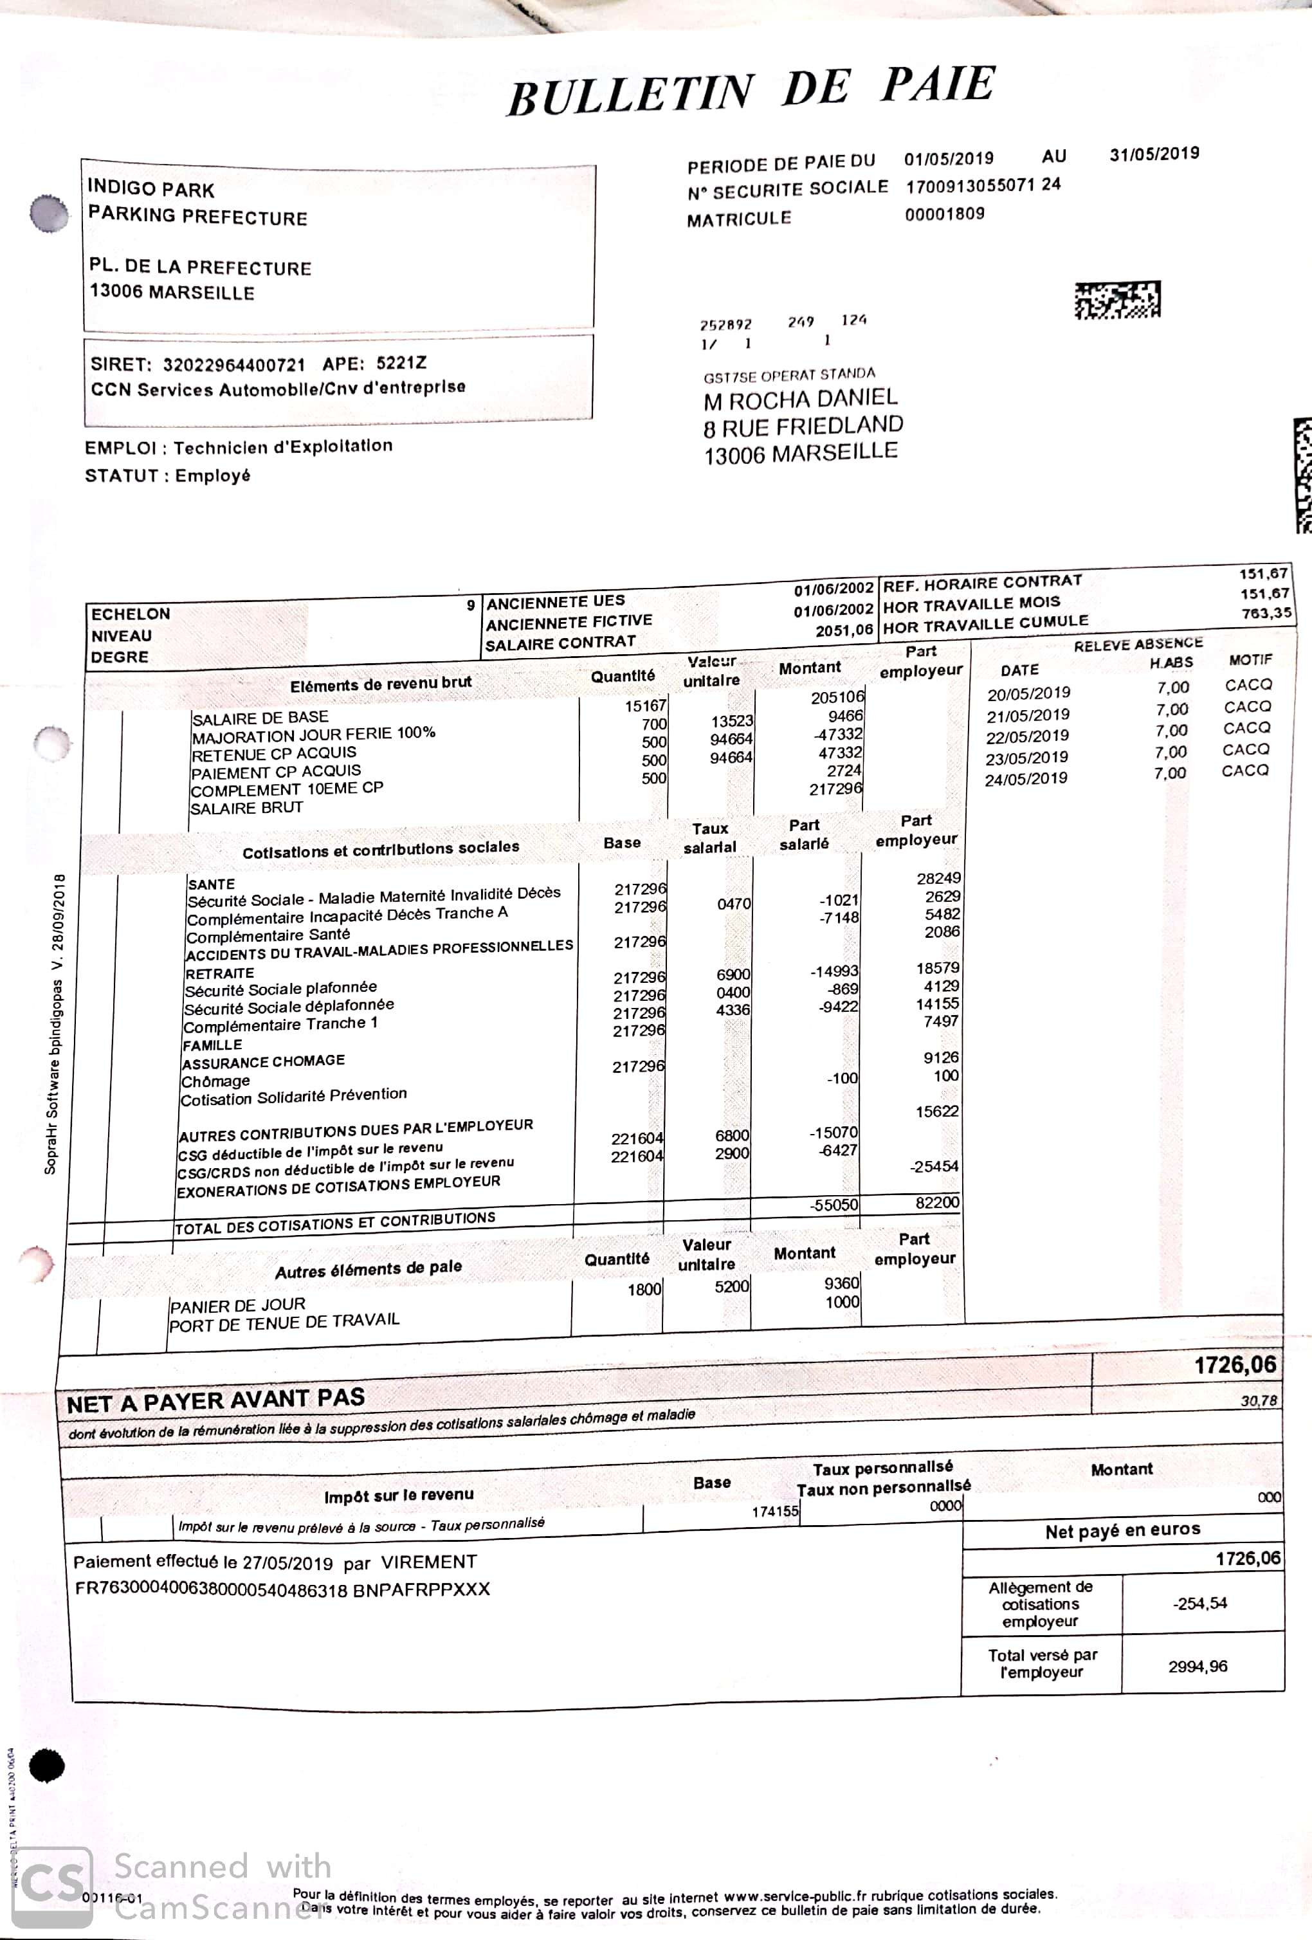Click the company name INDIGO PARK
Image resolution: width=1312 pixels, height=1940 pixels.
coord(151,188)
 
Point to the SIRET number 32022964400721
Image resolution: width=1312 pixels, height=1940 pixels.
coord(233,364)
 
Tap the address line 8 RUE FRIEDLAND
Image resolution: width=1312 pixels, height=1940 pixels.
coord(802,427)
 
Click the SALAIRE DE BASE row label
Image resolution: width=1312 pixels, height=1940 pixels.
coord(260,717)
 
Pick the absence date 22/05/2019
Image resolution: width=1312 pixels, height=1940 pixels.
coord(1026,737)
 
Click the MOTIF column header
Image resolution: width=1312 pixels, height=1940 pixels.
coord(1250,659)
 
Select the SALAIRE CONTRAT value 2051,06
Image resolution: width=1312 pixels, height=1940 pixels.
coord(844,630)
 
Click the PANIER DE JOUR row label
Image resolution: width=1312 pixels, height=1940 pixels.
coord(237,1304)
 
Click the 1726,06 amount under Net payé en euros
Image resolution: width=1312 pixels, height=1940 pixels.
coord(1247,1559)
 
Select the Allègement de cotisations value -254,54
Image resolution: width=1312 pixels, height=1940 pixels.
coord(1199,1604)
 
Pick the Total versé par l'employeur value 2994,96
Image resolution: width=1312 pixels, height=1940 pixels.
coord(1197,1666)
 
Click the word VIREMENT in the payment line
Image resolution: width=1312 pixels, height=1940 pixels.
coord(428,1562)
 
